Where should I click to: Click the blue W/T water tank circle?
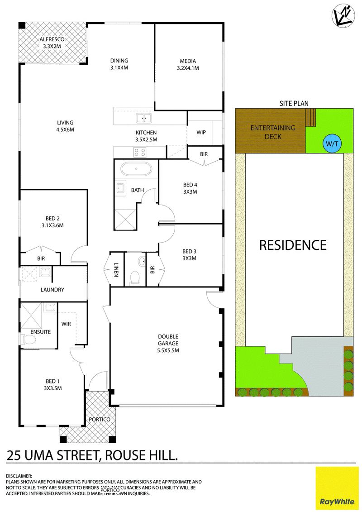(x=333, y=144)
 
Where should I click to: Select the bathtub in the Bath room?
(x=136, y=170)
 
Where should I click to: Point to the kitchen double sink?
(x=144, y=118)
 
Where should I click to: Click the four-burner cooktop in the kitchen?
(x=140, y=152)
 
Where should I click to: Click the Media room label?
(x=188, y=65)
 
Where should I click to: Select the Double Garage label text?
(x=168, y=344)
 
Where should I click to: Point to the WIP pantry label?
(x=201, y=132)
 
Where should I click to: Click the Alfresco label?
(x=52, y=43)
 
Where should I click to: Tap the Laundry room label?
(x=52, y=290)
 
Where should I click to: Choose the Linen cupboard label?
(x=116, y=270)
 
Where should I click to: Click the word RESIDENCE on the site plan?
(x=293, y=245)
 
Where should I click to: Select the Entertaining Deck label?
(x=273, y=132)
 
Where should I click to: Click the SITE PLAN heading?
(x=294, y=104)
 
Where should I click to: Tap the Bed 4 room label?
(x=190, y=188)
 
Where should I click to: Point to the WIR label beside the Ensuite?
(x=66, y=324)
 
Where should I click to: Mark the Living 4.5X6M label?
(x=65, y=126)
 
